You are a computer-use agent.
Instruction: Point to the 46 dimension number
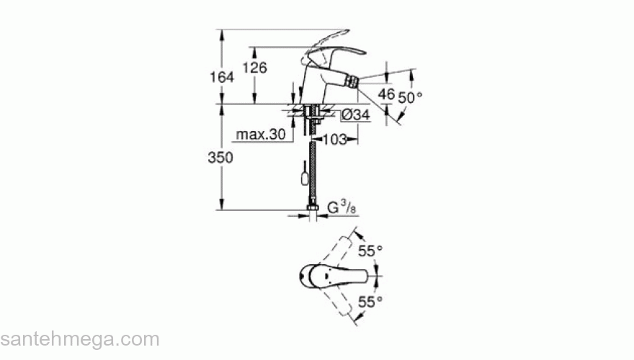(x=387, y=94)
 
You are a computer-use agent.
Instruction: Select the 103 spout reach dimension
(x=334, y=139)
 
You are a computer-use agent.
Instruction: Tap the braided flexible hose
(x=313, y=169)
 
